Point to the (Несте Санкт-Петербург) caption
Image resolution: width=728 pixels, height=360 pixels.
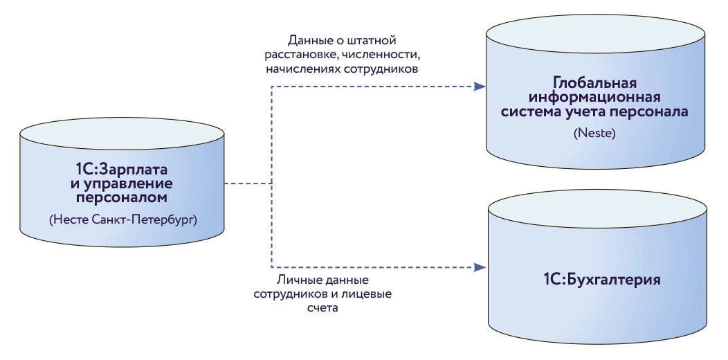pyautogui.click(x=123, y=220)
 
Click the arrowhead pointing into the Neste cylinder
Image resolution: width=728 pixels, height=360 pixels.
pyautogui.click(x=480, y=87)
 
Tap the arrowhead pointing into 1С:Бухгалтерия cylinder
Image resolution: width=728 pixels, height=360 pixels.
pyautogui.click(x=480, y=266)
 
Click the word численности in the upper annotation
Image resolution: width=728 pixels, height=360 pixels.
pyautogui.click(x=383, y=55)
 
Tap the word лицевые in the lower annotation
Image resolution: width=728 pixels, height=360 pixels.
pyautogui.click(x=367, y=295)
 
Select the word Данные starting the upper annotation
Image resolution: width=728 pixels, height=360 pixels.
pyautogui.click(x=309, y=40)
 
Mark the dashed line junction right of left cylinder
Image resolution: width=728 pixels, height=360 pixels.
pyautogui.click(x=271, y=183)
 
